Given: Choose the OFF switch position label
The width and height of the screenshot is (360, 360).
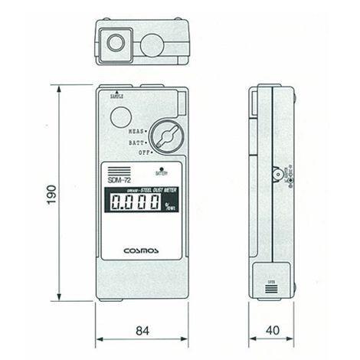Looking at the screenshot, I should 140,152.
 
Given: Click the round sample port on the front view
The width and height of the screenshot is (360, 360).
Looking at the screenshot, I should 120,117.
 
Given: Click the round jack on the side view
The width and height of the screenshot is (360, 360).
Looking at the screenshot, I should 278,174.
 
